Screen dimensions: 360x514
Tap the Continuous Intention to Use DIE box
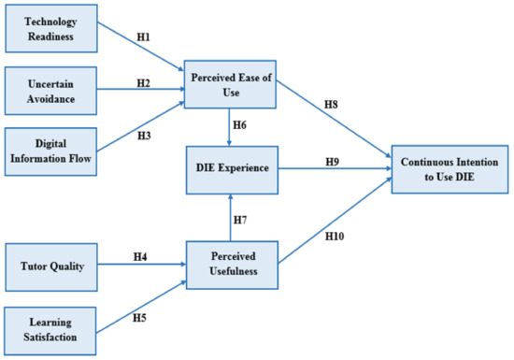[x=448, y=169]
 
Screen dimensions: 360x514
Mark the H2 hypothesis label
[x=143, y=82]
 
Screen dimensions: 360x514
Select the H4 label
[x=139, y=256]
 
